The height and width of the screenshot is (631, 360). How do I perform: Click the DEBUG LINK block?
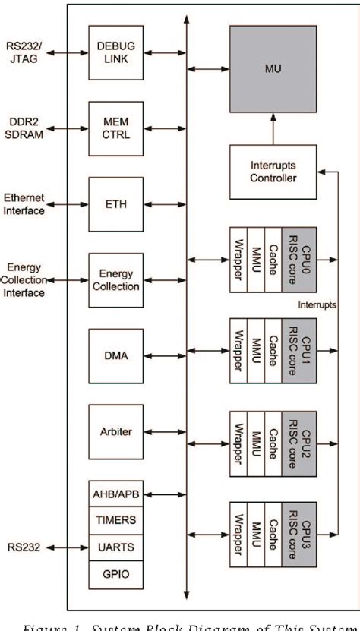coord(115,52)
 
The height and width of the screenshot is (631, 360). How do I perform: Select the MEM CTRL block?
coord(115,128)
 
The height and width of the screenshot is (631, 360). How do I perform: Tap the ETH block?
coord(115,204)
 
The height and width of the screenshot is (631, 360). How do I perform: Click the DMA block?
coord(115,355)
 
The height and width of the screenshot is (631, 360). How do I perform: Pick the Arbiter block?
coord(115,431)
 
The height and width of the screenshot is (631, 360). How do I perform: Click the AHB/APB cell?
coord(116,495)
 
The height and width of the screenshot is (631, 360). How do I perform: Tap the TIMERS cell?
coord(116,520)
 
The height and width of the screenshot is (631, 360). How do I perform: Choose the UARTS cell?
coord(116,546)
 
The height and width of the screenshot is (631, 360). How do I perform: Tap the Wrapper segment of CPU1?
coord(238,352)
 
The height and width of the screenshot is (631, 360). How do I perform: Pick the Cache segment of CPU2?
coord(271,443)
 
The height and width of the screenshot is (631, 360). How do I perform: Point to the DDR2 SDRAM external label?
coord(25,128)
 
